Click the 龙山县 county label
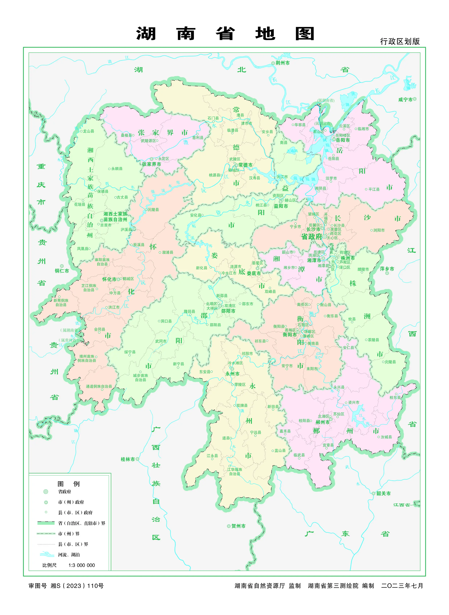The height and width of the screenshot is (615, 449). (x=88, y=131)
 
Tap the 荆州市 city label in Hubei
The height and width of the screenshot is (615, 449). (x=282, y=63)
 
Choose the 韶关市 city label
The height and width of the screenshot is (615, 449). (x=383, y=493)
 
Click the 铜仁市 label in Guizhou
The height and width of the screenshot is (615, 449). (x=62, y=271)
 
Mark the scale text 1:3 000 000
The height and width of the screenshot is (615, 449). (x=81, y=565)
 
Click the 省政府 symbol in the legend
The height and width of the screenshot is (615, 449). (x=46, y=491)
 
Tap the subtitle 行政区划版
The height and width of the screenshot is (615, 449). (x=400, y=42)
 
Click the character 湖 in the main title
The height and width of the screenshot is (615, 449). (x=146, y=34)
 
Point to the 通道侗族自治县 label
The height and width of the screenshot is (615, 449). (x=99, y=386)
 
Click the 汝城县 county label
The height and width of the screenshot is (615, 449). (x=386, y=437)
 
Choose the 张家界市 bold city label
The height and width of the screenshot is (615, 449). (x=151, y=164)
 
